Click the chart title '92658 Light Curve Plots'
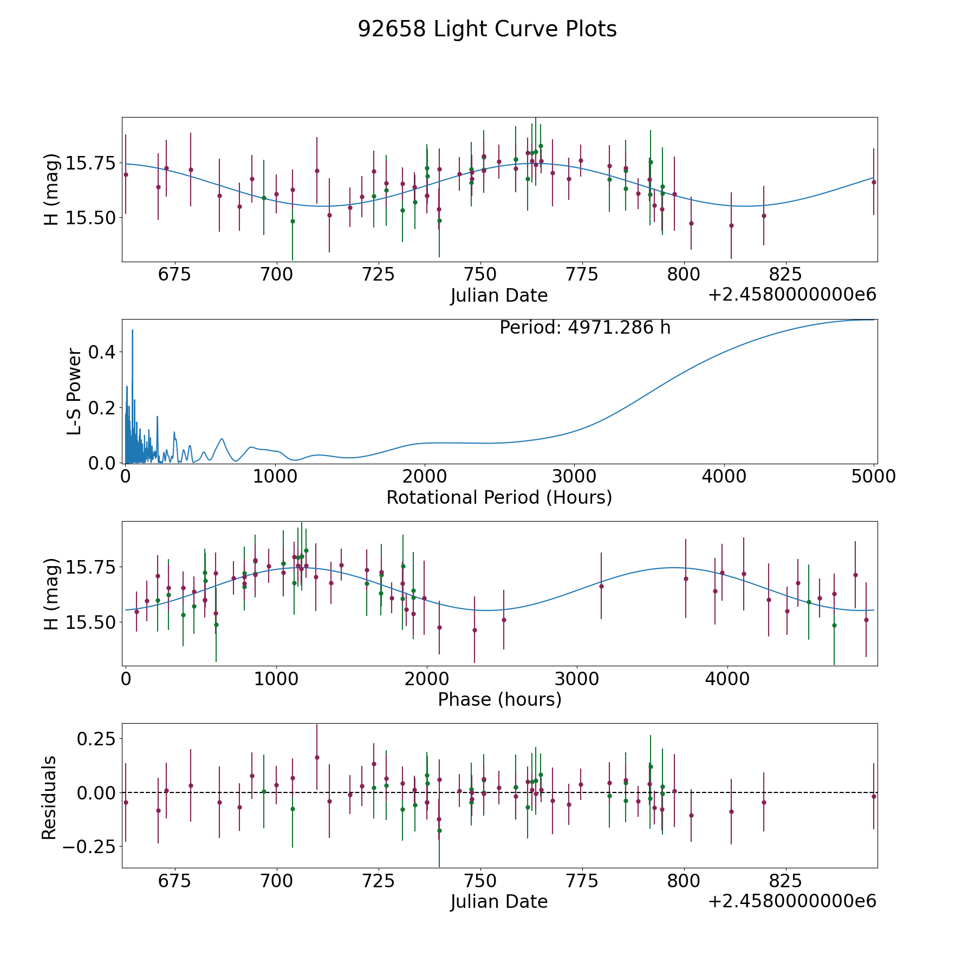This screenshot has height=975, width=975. coord(487,29)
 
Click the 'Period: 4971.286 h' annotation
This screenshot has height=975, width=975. coord(585,328)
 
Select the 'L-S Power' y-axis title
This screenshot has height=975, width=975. coord(74,392)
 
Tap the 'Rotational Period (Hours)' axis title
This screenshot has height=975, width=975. coord(499,497)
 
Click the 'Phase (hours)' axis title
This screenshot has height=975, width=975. coord(499,699)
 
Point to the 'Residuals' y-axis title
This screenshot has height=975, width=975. coord(49,797)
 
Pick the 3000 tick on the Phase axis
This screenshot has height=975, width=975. coord(577,679)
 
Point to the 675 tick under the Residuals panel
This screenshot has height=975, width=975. coord(174,881)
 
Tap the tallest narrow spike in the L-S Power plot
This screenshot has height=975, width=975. coord(132,330)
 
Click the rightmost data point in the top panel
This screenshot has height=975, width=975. coord(873,182)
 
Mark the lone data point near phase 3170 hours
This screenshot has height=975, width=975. coord(601,586)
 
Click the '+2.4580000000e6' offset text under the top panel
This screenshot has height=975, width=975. coord(792,295)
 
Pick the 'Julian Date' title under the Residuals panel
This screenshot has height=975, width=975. coord(499,901)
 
